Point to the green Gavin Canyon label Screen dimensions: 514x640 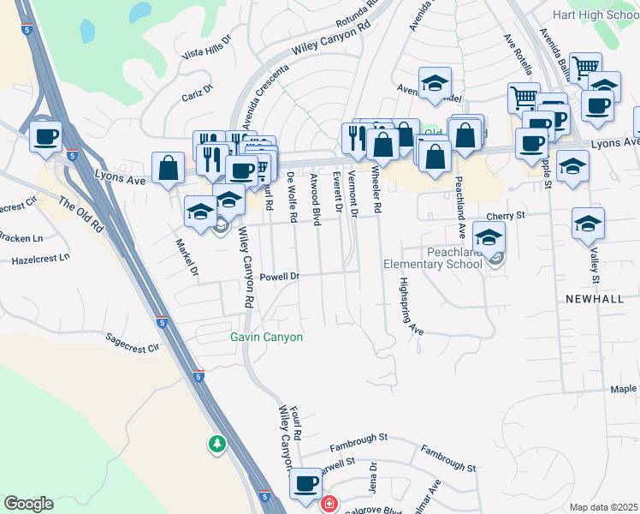pos(266,337)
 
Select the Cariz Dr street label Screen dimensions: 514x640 pos(198,92)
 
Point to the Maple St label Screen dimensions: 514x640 pos(624,389)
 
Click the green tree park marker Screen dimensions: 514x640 pos(217,443)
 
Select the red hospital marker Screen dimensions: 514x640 pos(328,504)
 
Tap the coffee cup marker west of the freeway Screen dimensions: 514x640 pos(45,136)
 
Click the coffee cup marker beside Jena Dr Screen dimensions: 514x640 pos(305,484)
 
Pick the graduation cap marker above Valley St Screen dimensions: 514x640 pos(589,225)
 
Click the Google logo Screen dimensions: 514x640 pos(28,504)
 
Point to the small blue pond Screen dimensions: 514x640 pos(86,31)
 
